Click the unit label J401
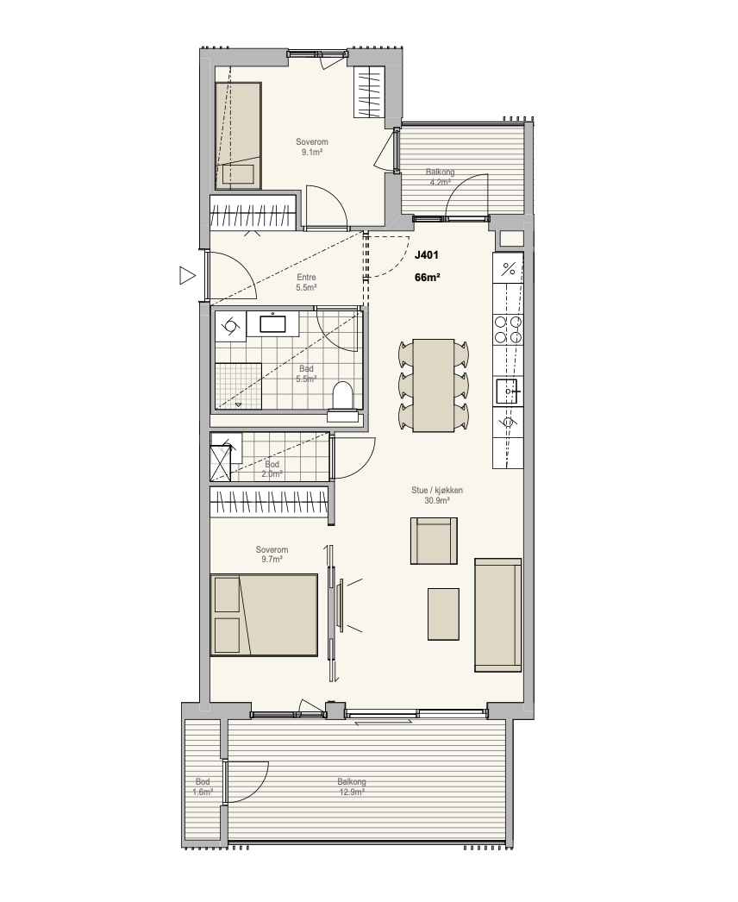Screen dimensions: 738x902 pyautogui.click(x=427, y=255)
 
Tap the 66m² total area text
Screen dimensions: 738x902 pyautogui.click(x=428, y=278)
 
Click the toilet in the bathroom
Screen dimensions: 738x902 pyautogui.click(x=342, y=397)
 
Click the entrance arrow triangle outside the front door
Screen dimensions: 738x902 pyautogui.click(x=187, y=275)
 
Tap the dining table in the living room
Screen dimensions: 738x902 pyautogui.click(x=434, y=385)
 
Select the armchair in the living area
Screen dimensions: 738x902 pyautogui.click(x=434, y=541)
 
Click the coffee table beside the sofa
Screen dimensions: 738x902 pyautogui.click(x=443, y=614)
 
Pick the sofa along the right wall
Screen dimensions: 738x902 pyautogui.click(x=498, y=614)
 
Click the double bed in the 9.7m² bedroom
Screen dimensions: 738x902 pyautogui.click(x=264, y=614)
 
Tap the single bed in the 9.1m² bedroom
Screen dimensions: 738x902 pyautogui.click(x=238, y=135)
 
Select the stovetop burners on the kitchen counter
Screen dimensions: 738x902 pyautogui.click(x=508, y=329)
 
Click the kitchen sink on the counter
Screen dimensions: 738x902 pyautogui.click(x=508, y=392)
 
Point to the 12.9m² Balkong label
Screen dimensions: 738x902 pyautogui.click(x=352, y=787)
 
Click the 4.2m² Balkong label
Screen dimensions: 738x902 pyautogui.click(x=440, y=177)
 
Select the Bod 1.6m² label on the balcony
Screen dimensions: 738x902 pyautogui.click(x=203, y=787)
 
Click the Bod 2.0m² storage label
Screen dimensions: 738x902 pyautogui.click(x=272, y=469)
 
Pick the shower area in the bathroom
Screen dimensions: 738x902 pyautogui.click(x=238, y=386)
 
